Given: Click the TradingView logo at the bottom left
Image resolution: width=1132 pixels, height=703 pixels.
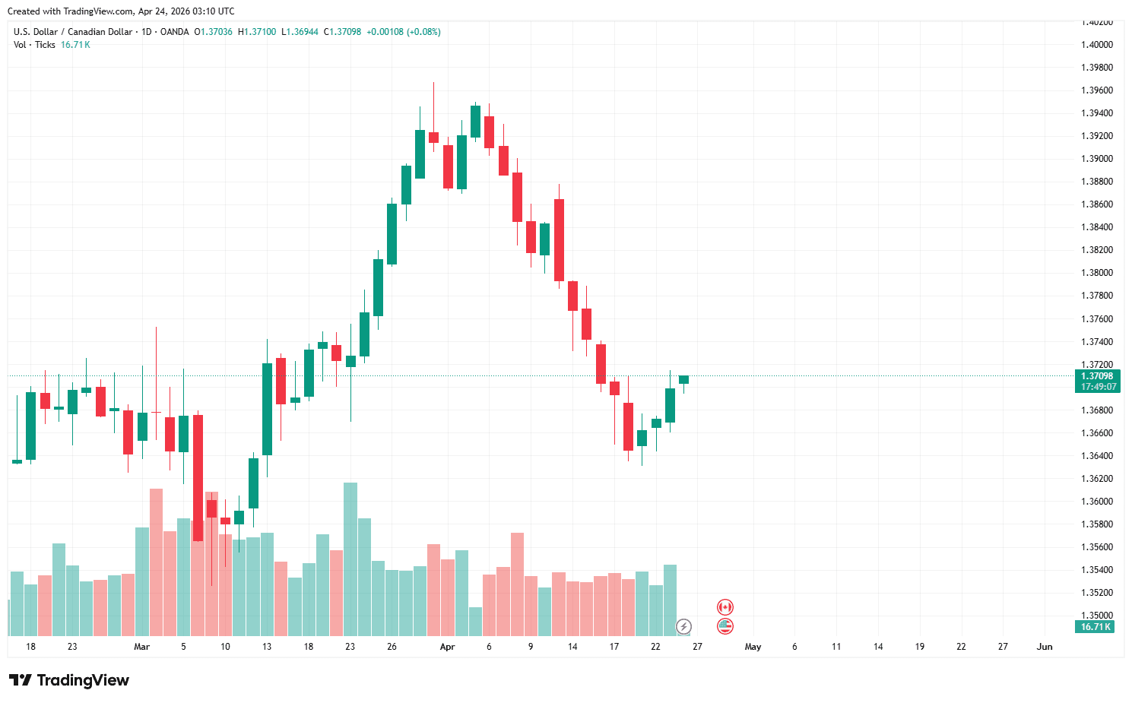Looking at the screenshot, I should click(x=68, y=680).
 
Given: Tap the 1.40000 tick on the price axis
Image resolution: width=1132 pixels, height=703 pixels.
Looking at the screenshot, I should click(x=1096, y=45).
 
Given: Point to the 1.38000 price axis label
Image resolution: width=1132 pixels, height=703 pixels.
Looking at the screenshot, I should click(x=1096, y=273).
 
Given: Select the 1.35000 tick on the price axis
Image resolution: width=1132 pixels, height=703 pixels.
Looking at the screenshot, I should click(x=1096, y=616).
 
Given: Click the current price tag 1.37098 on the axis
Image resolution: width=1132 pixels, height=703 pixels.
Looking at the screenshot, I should click(x=1097, y=376).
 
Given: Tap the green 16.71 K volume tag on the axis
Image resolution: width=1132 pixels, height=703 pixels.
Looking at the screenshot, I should click(x=1096, y=627).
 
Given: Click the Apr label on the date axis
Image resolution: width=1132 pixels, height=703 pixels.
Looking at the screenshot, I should click(x=447, y=647).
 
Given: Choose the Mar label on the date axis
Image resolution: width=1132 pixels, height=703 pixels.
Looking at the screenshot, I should click(x=141, y=647).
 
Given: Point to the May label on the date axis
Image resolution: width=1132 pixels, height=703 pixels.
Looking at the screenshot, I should click(x=753, y=647).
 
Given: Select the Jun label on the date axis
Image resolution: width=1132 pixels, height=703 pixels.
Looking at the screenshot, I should click(x=1045, y=647).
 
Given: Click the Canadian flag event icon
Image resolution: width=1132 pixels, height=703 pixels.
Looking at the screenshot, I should click(x=725, y=607).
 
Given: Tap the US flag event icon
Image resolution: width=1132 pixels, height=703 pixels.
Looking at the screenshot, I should click(x=725, y=626).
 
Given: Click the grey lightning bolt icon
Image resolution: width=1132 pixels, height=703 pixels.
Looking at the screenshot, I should click(x=684, y=627).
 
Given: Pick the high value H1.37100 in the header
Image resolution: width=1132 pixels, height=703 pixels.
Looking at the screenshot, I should click(x=257, y=32).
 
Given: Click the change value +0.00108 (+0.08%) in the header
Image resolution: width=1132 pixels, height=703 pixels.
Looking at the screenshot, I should click(x=403, y=32).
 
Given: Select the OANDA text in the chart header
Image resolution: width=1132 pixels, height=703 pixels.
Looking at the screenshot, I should click(x=175, y=32).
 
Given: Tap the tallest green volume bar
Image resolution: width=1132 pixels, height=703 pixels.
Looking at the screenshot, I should click(x=350, y=559).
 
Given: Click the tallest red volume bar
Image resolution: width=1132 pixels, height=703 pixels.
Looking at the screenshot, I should click(x=156, y=562).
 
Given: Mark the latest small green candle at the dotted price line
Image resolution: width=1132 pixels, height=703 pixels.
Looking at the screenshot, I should click(x=683, y=379).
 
